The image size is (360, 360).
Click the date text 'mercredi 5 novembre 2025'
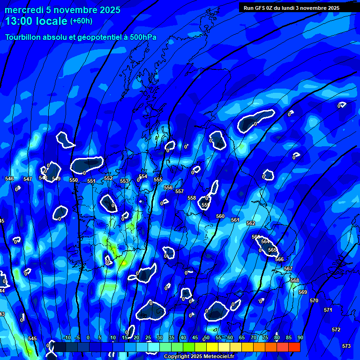click(63, 10)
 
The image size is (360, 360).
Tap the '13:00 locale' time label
click(37, 21)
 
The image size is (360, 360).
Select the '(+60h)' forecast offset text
click(81, 21)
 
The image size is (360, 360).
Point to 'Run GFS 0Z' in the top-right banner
click(260, 7)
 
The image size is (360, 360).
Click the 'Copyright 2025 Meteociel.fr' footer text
click(198, 356)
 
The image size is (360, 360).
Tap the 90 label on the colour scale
click(300, 337)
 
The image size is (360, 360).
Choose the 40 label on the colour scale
click(183, 337)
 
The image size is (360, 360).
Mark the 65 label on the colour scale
click(242, 337)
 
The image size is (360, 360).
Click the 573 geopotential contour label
click(346, 346)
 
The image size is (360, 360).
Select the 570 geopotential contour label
click(314, 300)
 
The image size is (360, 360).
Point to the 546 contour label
click(9, 179)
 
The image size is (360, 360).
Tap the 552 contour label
click(108, 178)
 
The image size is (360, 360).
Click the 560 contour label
click(220, 216)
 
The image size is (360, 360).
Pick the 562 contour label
click(251, 223)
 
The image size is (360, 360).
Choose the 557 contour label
click(180, 191)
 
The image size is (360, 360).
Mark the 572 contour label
click(336, 330)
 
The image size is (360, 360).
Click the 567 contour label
click(288, 269)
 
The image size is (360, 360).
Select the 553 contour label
click(124, 181)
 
